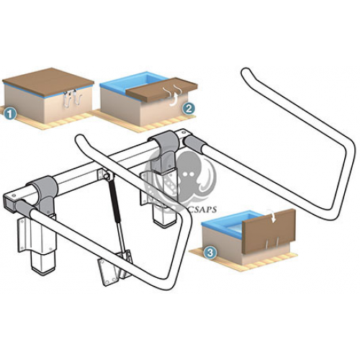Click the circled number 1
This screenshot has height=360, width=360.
click(10, 112)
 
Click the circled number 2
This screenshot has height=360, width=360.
click(189, 109)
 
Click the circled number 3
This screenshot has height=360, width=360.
click(210, 253)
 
